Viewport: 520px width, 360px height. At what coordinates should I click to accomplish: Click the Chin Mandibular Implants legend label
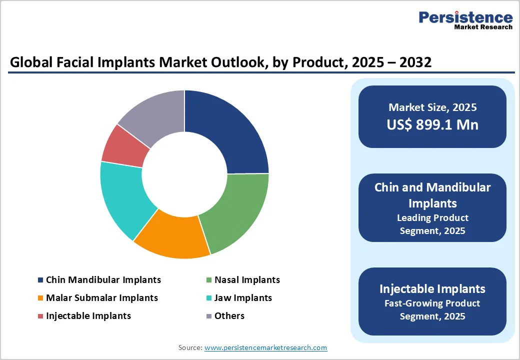coord(103,280)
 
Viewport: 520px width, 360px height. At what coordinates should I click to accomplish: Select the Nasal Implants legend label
coord(247,280)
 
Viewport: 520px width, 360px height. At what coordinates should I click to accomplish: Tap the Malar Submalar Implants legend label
coord(102,298)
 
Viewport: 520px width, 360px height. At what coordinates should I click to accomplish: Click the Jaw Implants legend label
coord(243,298)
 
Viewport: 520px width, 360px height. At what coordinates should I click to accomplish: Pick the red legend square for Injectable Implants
coord(40,316)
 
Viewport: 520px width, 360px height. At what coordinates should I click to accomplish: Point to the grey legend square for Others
coord(208,316)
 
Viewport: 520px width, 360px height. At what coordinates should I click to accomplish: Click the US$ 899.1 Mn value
coord(432,124)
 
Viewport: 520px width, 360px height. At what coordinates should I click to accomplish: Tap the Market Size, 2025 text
coord(432,107)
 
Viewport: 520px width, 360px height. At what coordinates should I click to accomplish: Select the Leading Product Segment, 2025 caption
coord(432,224)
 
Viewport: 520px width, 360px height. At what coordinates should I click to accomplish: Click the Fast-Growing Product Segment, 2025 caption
coord(432,310)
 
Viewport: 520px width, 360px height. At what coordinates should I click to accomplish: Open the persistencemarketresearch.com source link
coord(265,347)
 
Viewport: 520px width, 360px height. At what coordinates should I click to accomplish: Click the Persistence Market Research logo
coord(465,20)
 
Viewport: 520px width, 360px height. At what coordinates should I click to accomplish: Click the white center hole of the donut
coord(184,174)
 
